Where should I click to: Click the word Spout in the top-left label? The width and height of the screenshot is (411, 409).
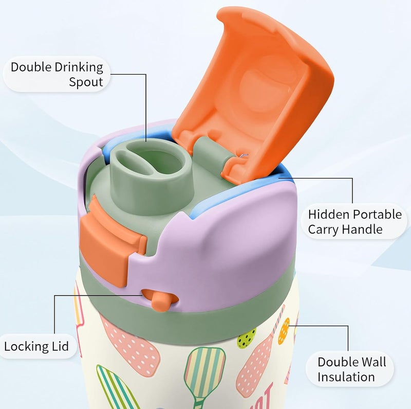(x=86, y=82)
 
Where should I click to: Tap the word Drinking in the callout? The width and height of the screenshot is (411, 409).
(x=79, y=67)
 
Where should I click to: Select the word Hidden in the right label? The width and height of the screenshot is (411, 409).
(x=324, y=214)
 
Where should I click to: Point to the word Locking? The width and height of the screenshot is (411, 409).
(x=26, y=347)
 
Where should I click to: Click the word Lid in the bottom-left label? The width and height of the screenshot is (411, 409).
(x=60, y=346)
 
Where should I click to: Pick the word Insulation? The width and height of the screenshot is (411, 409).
(x=346, y=377)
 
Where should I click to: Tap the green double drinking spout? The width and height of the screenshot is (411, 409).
(x=151, y=173)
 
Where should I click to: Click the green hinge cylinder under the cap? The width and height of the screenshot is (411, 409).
(x=211, y=151)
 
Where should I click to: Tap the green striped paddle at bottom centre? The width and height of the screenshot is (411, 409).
(x=205, y=373)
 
